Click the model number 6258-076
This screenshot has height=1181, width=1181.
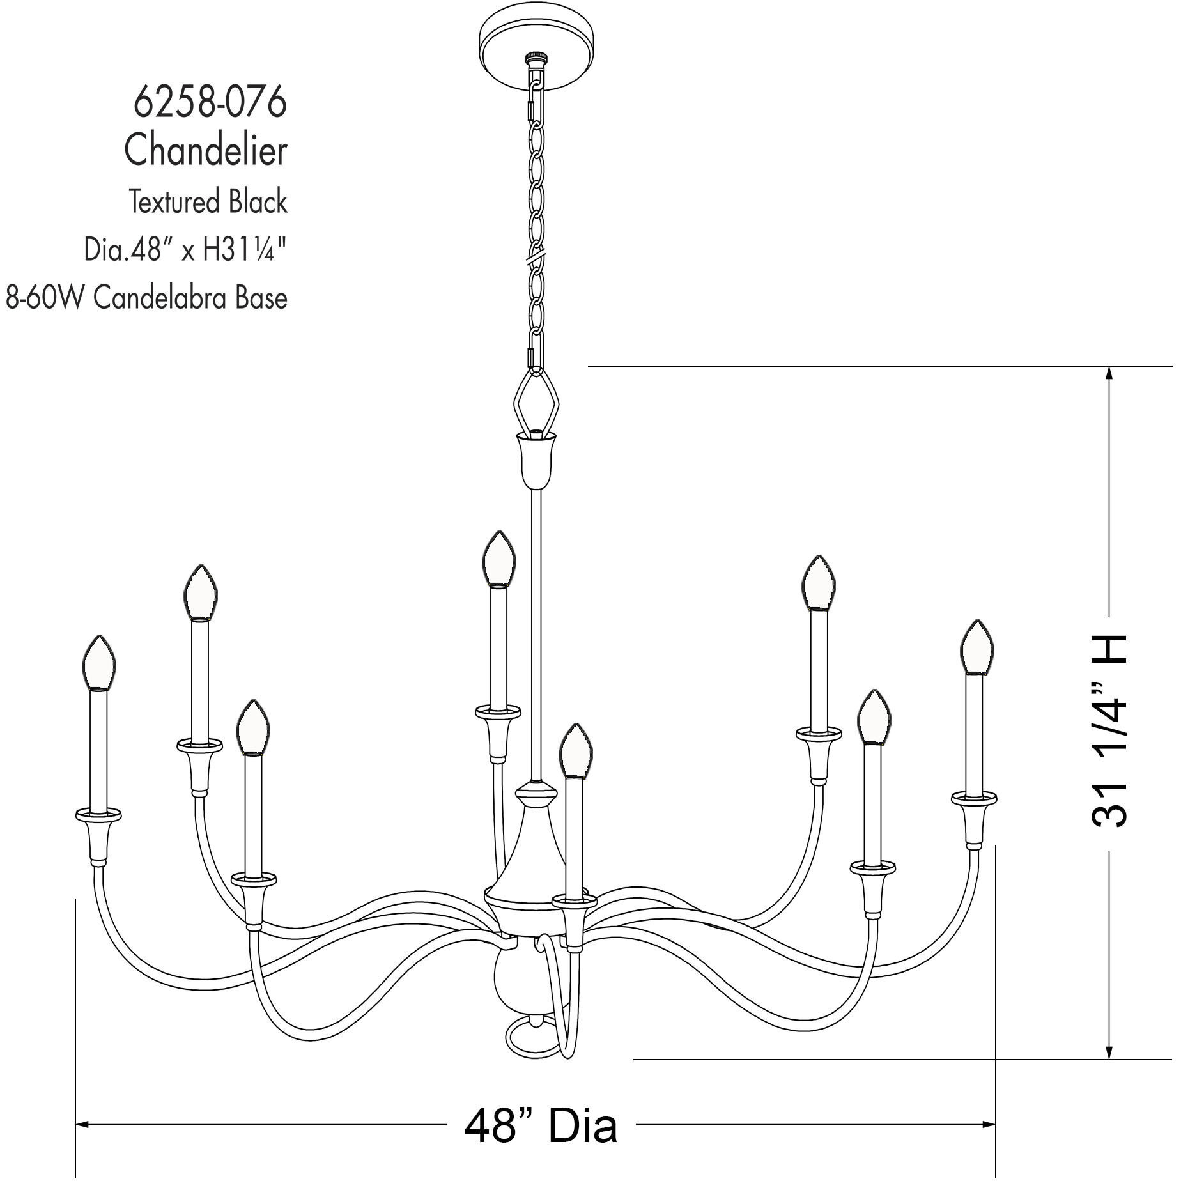(210, 102)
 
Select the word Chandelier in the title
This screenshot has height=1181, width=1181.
(206, 151)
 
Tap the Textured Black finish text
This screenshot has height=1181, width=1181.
(208, 202)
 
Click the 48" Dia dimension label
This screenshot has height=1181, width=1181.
(541, 1125)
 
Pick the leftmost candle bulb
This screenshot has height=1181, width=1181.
(99, 663)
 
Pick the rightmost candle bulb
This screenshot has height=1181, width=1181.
(976, 647)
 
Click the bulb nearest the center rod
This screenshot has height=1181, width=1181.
(498, 559)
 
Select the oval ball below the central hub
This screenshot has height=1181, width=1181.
(515, 980)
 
